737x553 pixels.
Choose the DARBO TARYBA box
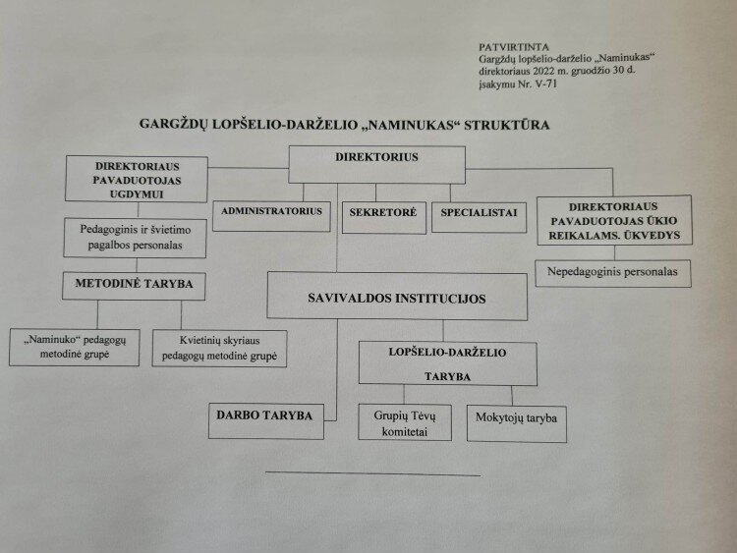[266, 416]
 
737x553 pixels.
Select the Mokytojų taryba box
[517, 419]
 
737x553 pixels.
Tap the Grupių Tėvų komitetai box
[405, 421]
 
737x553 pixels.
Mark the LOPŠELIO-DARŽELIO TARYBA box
[447, 362]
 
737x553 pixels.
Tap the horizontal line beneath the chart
[372, 474]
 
